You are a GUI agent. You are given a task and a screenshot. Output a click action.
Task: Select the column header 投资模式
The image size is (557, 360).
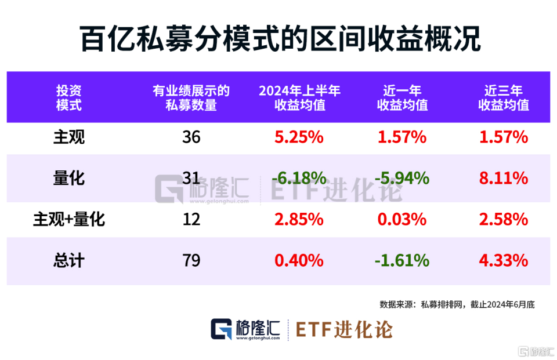click(x=68, y=98)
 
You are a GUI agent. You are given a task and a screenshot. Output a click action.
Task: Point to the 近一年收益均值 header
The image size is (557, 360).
click(x=402, y=98)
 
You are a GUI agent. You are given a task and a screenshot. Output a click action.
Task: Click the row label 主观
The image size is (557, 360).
click(x=68, y=137)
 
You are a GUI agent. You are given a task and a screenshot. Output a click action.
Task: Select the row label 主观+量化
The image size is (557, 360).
click(x=68, y=220)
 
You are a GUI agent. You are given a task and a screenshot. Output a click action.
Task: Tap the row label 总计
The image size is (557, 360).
click(x=68, y=261)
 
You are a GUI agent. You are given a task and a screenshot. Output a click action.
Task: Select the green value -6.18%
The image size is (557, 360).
click(x=298, y=179)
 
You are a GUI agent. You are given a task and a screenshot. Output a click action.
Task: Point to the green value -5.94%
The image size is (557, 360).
click(x=402, y=179)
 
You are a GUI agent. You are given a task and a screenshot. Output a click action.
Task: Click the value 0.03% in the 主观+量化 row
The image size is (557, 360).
click(x=402, y=220)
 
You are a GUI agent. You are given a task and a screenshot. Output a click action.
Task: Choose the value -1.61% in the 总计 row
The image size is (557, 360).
click(x=402, y=261)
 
